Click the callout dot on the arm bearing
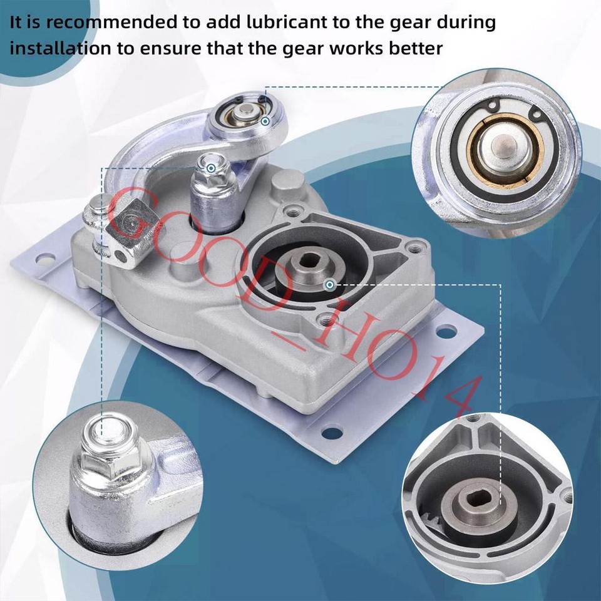click(265, 120)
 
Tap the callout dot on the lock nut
click(212, 168)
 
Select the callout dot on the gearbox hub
click(329, 285)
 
